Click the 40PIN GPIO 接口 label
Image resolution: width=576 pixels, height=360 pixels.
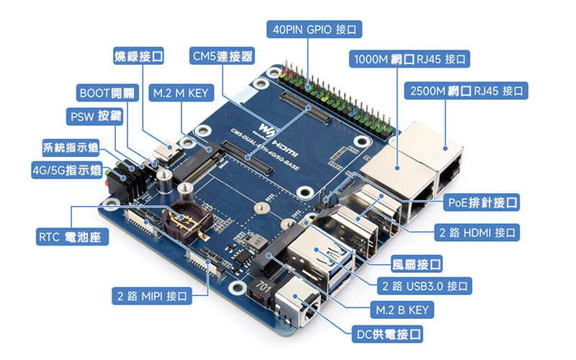314,30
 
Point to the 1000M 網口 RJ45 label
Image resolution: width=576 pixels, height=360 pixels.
409,59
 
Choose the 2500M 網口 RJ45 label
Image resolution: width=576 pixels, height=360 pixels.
467,91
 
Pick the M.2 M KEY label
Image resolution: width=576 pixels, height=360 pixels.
179,93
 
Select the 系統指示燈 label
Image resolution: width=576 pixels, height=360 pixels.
71,149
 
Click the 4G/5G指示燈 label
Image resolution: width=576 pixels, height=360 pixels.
66,171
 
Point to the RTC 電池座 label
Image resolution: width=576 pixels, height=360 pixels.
73,237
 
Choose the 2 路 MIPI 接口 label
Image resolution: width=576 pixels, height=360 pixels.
151,295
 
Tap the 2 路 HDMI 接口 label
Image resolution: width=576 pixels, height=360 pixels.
477,233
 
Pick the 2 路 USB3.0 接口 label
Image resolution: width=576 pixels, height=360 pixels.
425,286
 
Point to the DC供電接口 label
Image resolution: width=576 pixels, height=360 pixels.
387,334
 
